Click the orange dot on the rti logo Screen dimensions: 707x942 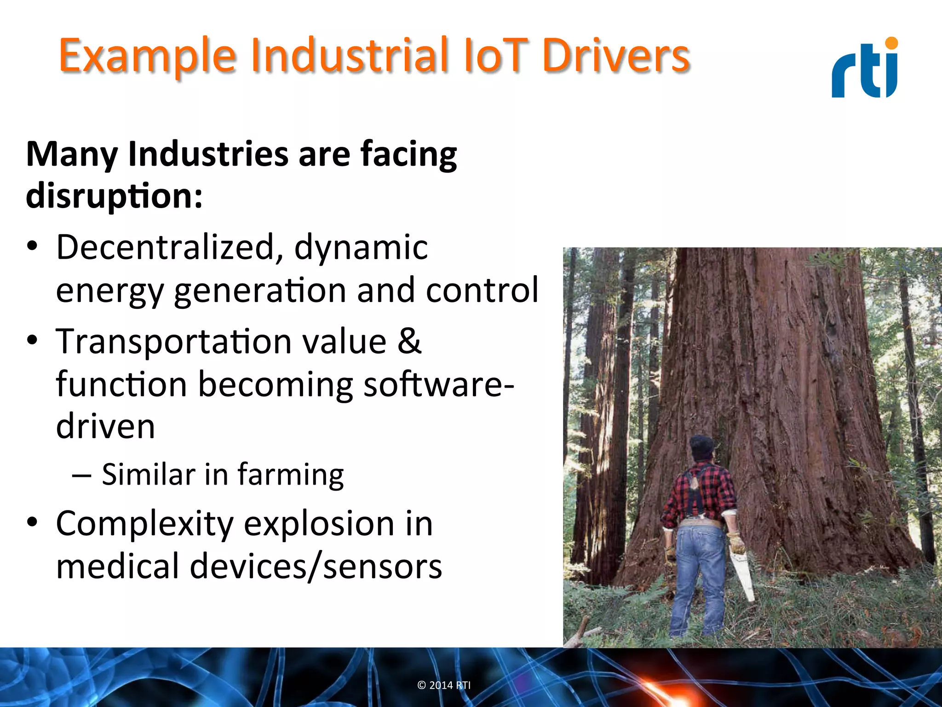pos(891,43)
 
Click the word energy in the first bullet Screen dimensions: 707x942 pos(109,291)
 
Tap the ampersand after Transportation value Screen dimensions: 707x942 pos(409,342)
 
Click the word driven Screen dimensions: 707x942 pos(105,426)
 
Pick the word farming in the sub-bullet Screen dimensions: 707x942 pos(291,475)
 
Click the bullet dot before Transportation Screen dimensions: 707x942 pos(32,341)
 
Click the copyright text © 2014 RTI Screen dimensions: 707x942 pos(444,685)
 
